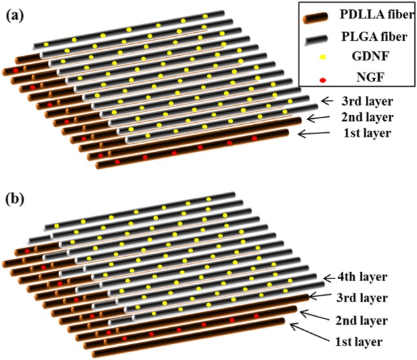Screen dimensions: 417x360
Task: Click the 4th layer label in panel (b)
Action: pos(364,277)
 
